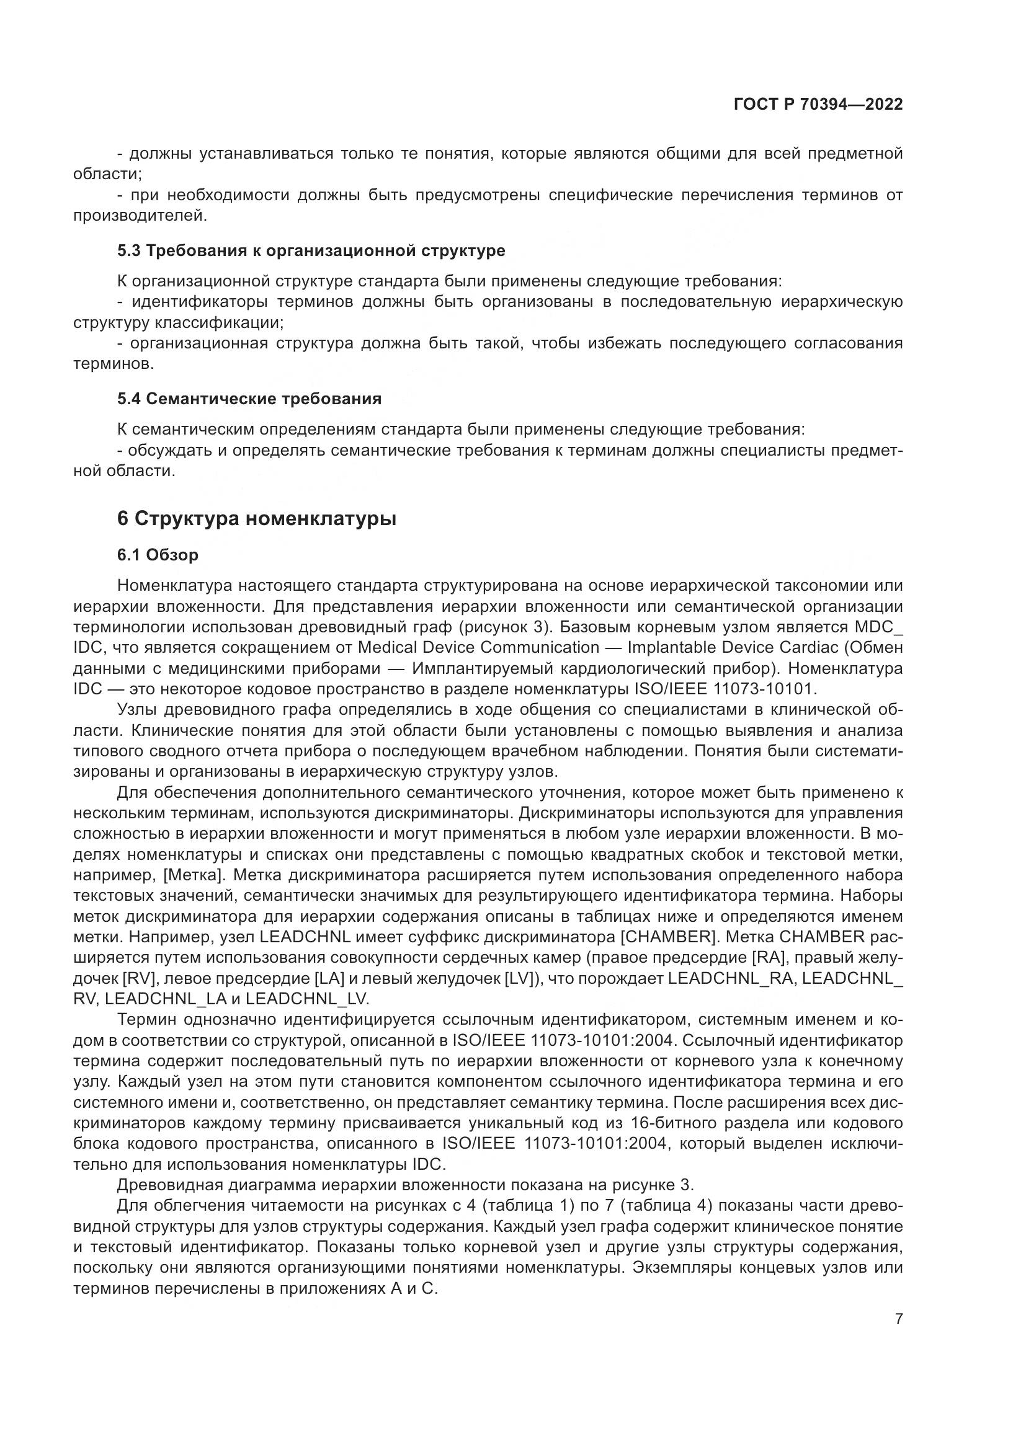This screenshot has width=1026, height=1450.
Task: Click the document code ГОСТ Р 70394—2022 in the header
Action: pyautogui.click(x=818, y=105)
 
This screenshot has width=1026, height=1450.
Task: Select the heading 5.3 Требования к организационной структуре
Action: pyautogui.click(x=311, y=250)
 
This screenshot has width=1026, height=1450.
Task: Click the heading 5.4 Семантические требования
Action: pyautogui.click(x=249, y=399)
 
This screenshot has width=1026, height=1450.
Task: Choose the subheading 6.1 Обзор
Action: pyautogui.click(x=158, y=555)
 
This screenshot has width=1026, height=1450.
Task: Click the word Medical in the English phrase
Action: pyautogui.click(x=386, y=647)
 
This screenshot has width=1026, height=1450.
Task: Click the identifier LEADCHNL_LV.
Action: pyautogui.click(x=306, y=999)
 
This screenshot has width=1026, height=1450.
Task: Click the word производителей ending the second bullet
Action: pyautogui.click(x=139, y=215)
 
